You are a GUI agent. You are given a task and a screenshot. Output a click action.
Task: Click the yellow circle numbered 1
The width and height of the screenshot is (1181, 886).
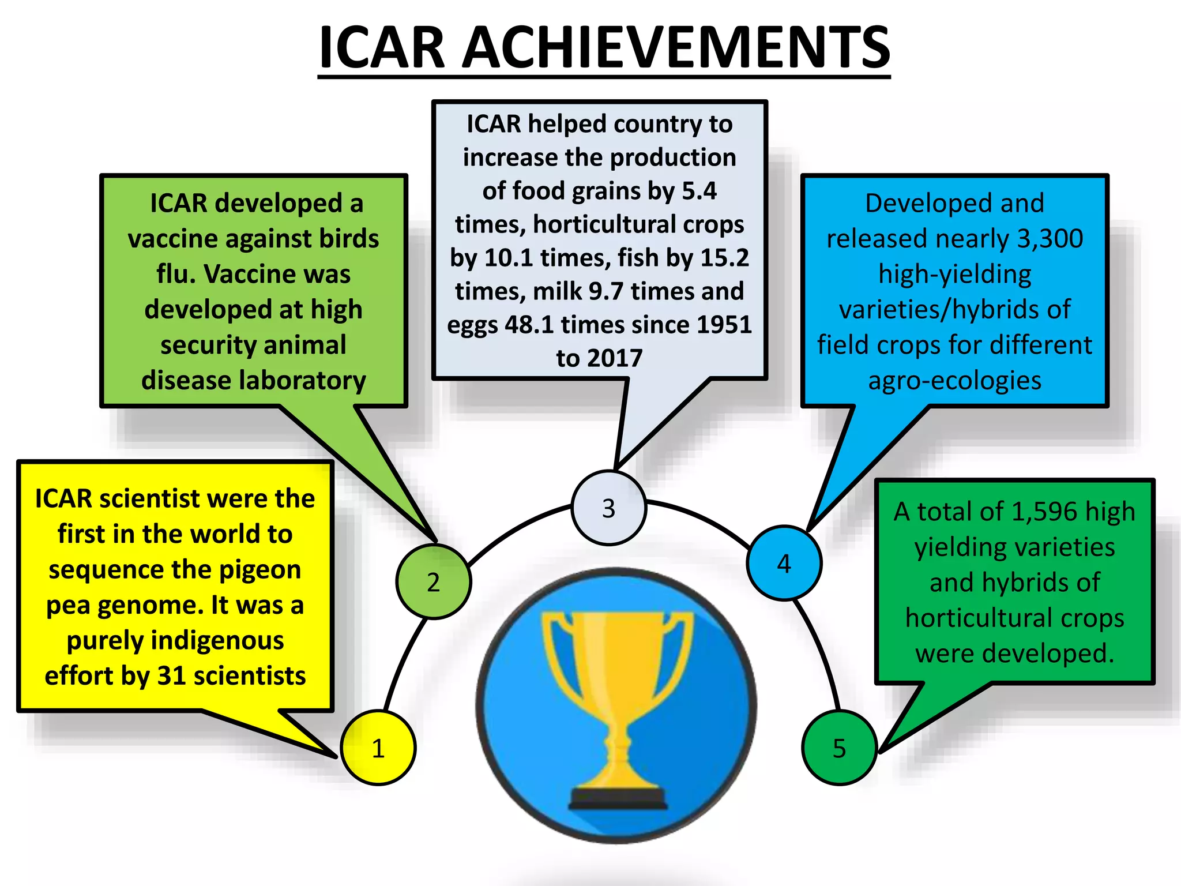pos(378,748)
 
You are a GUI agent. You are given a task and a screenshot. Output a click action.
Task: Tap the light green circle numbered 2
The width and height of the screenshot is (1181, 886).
pos(434,581)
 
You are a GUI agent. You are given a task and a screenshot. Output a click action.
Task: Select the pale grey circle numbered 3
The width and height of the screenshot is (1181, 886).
pos(609,508)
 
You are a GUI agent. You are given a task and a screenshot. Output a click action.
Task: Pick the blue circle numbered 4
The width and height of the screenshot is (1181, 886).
pos(784,563)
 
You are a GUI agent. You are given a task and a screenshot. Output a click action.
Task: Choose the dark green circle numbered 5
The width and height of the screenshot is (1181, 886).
pos(840,748)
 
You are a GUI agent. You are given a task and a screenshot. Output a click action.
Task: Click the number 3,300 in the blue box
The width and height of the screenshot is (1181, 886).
pos(1050,239)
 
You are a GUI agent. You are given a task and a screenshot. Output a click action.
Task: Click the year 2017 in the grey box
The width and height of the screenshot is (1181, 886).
pos(615,358)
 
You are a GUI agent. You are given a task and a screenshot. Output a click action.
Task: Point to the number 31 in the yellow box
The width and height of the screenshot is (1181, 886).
pos(171,676)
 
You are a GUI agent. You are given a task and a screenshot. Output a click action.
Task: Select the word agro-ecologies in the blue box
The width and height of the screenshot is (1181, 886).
pos(955,381)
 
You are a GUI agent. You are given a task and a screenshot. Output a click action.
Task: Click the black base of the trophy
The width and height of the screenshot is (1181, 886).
pos(619,799)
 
